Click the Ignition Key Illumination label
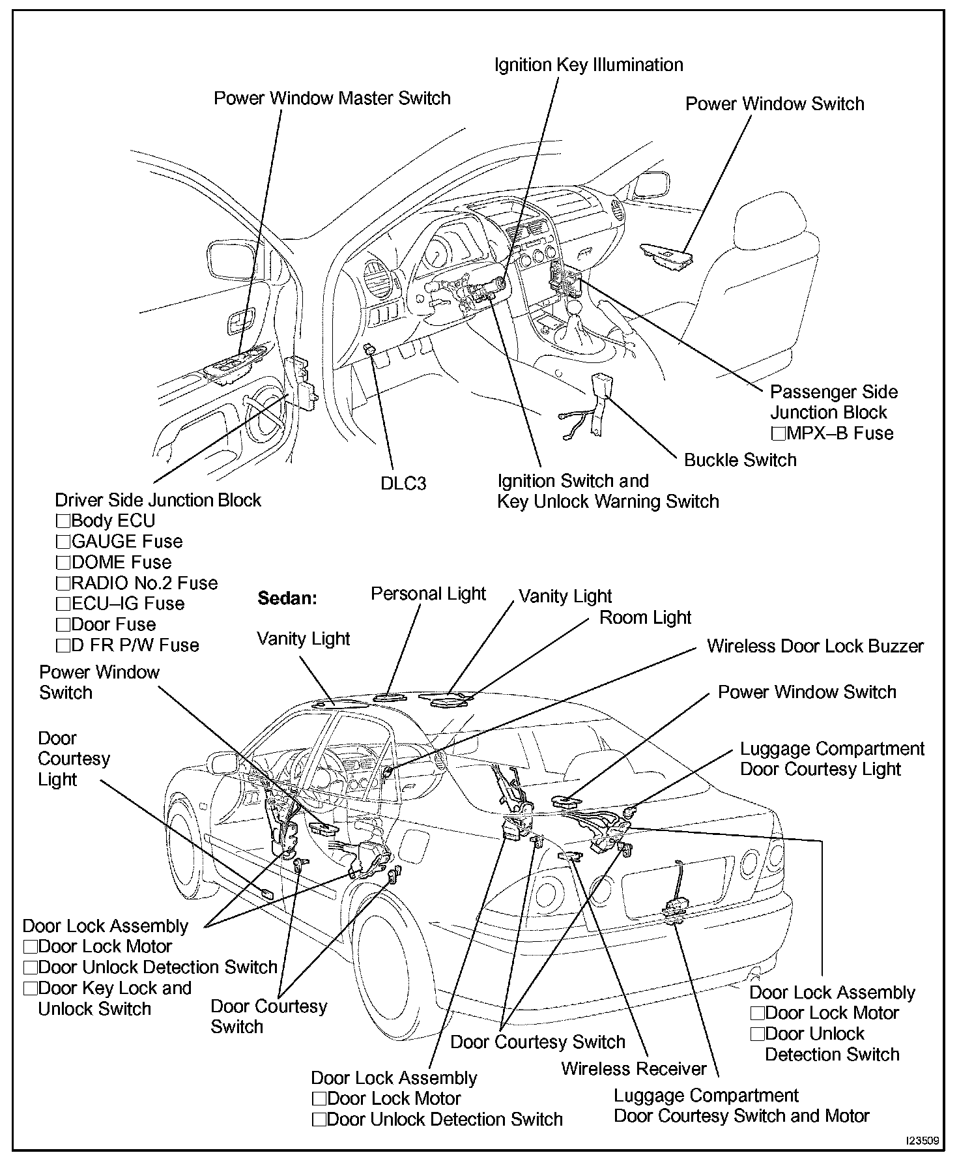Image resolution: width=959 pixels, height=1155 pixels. click(588, 65)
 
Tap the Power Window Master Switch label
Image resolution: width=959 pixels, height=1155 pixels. click(332, 98)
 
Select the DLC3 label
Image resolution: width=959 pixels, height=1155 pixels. click(403, 484)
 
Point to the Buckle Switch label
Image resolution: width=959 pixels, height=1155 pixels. click(740, 460)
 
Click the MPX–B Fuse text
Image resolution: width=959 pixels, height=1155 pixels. click(840, 433)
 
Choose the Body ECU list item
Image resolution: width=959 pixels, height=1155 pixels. click(113, 521)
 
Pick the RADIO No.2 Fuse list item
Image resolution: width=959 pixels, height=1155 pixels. click(145, 583)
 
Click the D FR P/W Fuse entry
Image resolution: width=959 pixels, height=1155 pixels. click(135, 645)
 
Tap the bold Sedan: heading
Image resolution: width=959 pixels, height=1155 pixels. click(287, 598)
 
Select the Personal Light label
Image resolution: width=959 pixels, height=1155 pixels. click(428, 594)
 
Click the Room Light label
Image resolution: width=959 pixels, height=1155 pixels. click(645, 617)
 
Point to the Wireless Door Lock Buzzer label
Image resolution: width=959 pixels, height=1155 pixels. click(815, 646)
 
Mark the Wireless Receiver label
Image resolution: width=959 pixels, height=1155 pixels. click(634, 1069)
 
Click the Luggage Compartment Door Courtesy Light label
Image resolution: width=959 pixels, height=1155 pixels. click(832, 759)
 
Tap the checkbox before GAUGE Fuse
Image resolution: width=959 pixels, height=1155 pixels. click(63, 542)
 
